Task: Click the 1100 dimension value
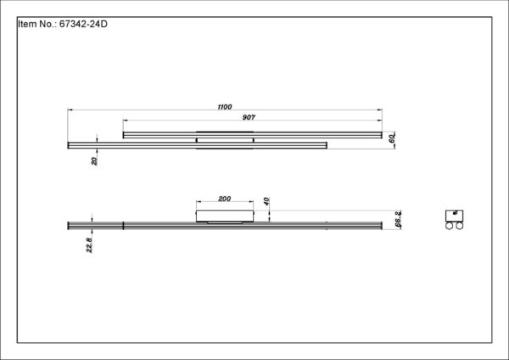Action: click(x=225, y=107)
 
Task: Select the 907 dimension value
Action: click(x=249, y=117)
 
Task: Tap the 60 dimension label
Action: click(x=392, y=138)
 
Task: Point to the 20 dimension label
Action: click(x=94, y=160)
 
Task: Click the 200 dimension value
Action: click(x=225, y=199)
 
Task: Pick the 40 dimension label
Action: click(x=266, y=201)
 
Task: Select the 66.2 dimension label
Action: click(x=399, y=219)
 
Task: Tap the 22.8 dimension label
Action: click(x=89, y=245)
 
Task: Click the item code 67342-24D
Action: click(x=83, y=24)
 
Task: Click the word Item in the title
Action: click(x=28, y=24)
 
